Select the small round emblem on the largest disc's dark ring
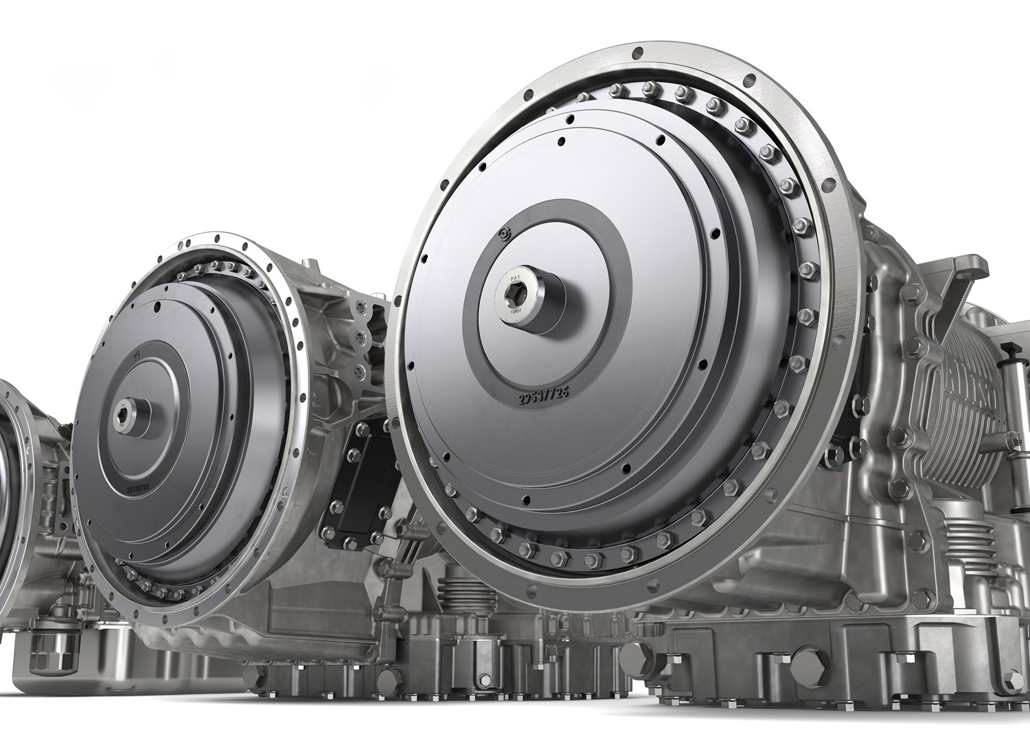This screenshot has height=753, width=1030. (x=505, y=234)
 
